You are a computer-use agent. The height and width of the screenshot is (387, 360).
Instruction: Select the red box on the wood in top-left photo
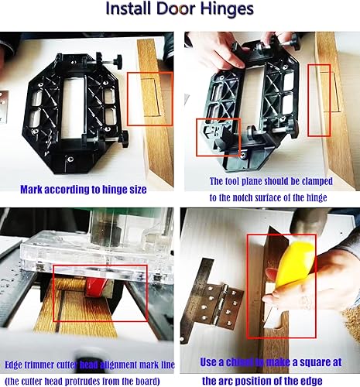pyautogui.click(x=149, y=98)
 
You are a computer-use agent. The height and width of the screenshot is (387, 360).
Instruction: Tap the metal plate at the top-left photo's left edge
pyautogui.click(x=3, y=100)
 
